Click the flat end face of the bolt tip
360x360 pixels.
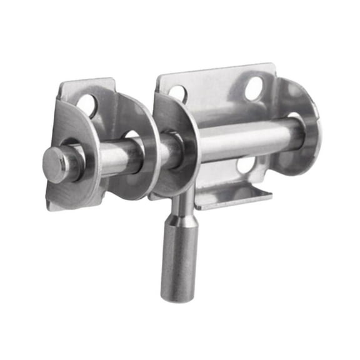click(x=54, y=165)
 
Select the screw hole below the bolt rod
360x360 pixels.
click(x=246, y=165)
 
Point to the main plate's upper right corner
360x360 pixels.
click(x=273, y=67)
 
